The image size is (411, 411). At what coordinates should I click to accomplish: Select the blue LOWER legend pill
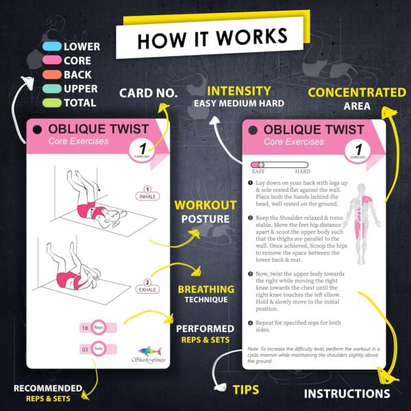[x=49, y=47]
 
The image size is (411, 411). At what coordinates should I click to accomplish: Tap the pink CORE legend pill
[x=49, y=61]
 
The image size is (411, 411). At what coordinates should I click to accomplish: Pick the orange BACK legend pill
[x=49, y=75]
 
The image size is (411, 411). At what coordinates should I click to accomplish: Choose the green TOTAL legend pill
[x=49, y=103]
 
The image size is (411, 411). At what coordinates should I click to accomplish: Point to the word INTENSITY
[x=238, y=90]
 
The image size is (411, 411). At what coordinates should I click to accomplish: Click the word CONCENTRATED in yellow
[x=356, y=92]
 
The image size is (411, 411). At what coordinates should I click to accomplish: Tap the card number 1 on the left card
[x=142, y=148]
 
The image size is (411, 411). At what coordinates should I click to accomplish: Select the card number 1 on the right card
[x=358, y=147]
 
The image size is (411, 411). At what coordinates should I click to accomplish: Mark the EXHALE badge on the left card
[x=147, y=284]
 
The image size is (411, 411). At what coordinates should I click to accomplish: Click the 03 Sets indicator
[x=94, y=348]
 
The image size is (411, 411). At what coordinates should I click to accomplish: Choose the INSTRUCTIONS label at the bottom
[x=347, y=394]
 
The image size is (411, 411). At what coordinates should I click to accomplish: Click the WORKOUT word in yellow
[x=206, y=205]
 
